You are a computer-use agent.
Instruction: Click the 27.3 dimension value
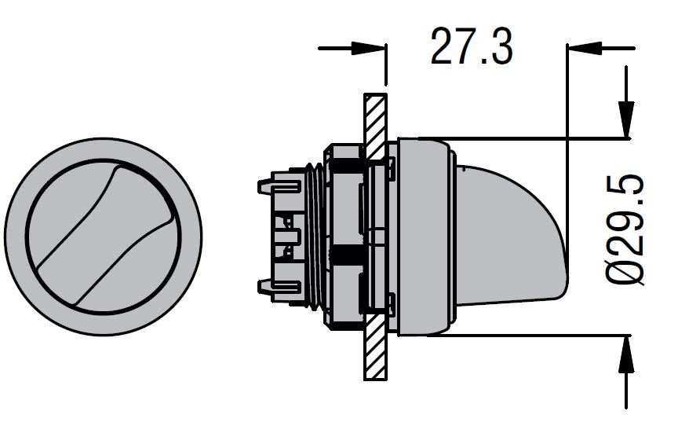pyautogui.click(x=472, y=46)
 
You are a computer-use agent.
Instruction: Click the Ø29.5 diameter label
pyautogui.click(x=625, y=229)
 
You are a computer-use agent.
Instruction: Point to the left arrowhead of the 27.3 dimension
pyautogui.click(x=368, y=48)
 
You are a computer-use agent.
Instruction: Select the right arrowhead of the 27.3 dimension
pyautogui.click(x=584, y=48)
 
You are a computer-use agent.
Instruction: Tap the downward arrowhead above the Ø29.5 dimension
pyautogui.click(x=626, y=119)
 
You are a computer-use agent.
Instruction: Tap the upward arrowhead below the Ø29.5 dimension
pyautogui.click(x=626, y=354)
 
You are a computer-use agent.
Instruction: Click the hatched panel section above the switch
pyautogui.click(x=375, y=126)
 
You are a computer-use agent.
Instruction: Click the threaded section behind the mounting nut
pyautogui.click(x=315, y=237)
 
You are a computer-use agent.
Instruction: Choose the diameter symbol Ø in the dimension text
pyautogui.click(x=625, y=271)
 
